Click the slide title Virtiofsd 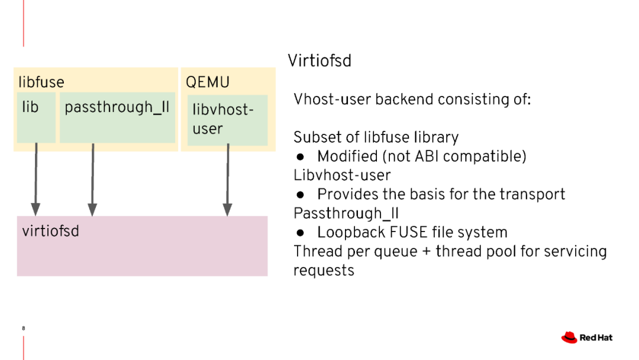[319, 60]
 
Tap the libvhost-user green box [227, 120]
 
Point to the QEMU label [207, 82]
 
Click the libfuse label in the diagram [41, 82]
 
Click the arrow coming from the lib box [36, 178]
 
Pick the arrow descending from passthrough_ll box [93, 178]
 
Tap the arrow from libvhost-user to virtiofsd [228, 178]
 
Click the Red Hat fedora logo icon [569, 337]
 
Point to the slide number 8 [23, 328]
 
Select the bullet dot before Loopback [301, 233]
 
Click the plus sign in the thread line [426, 252]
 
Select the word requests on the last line [324, 271]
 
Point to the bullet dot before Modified [301, 157]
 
